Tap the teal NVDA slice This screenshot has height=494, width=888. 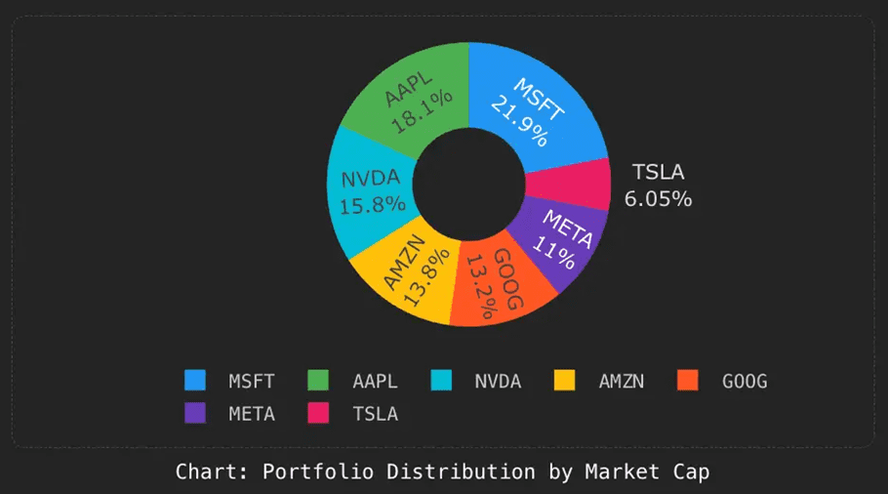[x=370, y=191]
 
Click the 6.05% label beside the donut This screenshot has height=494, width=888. [x=658, y=199]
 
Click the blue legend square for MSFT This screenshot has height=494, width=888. [x=195, y=381]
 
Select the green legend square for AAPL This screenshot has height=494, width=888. [x=319, y=381]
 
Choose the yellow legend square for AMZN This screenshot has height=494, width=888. [x=565, y=381]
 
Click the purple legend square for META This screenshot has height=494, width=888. [x=195, y=413]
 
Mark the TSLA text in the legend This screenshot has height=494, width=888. [x=375, y=414]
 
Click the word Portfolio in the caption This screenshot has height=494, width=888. [x=318, y=473]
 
